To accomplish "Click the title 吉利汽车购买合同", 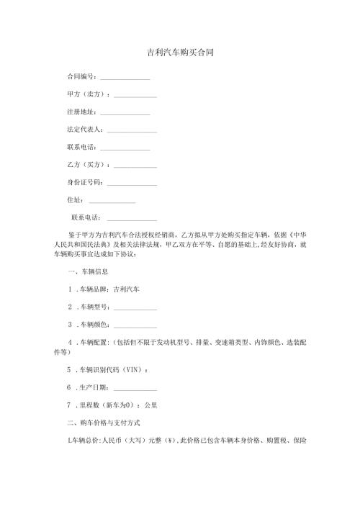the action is click(179, 53).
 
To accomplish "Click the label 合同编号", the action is click(81, 76).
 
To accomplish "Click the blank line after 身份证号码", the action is click(131, 183).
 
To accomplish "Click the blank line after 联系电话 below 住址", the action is click(131, 217).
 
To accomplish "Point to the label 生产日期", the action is click(94, 387).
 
